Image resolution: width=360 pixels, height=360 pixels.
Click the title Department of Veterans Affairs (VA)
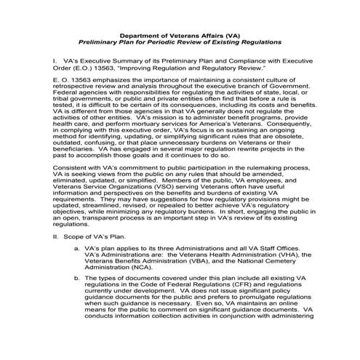tap(180, 34)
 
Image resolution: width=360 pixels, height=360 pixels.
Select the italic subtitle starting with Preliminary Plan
tap(180, 42)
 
